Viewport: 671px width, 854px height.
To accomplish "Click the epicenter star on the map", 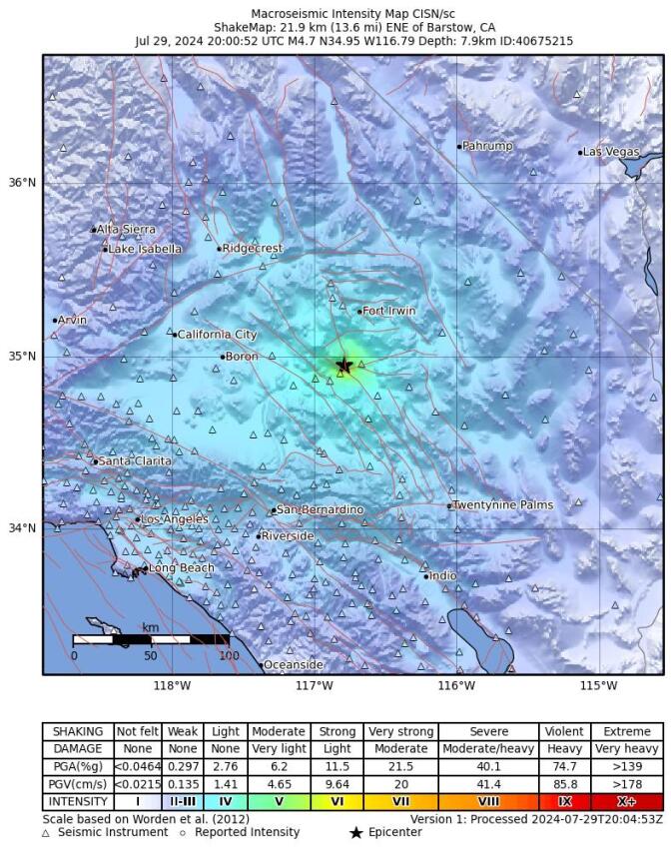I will coord(344,366).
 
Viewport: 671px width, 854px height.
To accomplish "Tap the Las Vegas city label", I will coord(611,152).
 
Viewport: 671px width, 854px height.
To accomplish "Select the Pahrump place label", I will coord(487,146).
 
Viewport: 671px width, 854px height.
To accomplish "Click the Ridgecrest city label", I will coord(253,249).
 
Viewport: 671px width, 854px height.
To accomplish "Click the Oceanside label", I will coord(293,664).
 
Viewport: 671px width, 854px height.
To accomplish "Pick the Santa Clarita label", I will coord(135,461).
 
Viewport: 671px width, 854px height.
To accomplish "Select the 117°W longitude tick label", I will coord(315,685).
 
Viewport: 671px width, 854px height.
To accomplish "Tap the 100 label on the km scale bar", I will coord(228,656).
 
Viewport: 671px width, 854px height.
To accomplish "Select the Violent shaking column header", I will coord(564,731).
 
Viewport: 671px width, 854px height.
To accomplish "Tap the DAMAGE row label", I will coord(77,748).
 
